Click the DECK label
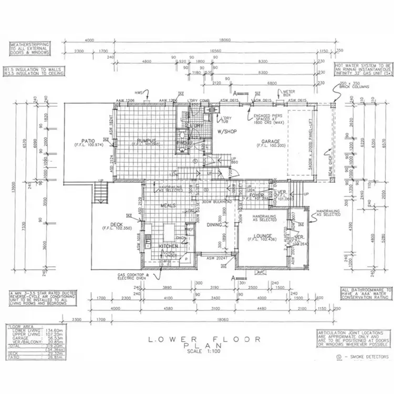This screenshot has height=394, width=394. coord(117,225)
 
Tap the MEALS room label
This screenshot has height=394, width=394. coord(169,206)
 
